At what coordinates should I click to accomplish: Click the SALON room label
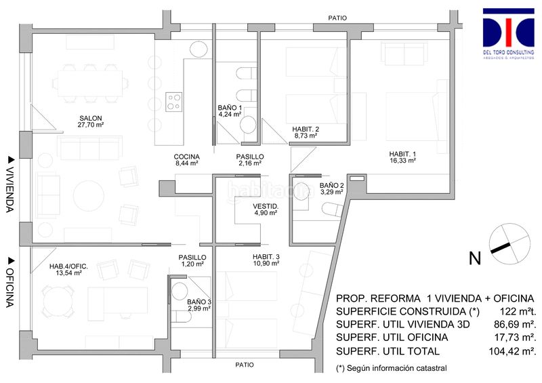[x=91, y=118]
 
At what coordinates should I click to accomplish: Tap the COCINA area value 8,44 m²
[x=187, y=163]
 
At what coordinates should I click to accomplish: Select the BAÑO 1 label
[x=230, y=108]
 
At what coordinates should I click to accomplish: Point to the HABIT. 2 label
[x=306, y=129]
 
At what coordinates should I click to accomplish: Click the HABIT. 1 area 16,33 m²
[x=402, y=161]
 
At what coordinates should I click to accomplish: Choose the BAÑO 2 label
[x=332, y=186]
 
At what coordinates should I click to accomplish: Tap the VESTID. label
[x=266, y=207]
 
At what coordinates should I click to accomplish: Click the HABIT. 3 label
[x=266, y=257]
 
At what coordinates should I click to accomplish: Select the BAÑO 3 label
[x=199, y=302]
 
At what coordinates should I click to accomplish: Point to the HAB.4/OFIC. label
[x=68, y=266]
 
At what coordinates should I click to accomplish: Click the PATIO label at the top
[x=337, y=18]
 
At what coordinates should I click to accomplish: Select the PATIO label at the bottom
[x=245, y=365]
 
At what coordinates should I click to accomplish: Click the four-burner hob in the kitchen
[x=174, y=102]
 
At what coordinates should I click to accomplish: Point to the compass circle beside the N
[x=509, y=244]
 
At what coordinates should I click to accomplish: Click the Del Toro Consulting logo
[x=509, y=33]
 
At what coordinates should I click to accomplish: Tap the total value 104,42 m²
[x=513, y=352]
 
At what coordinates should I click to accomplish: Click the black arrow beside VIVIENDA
[x=12, y=159]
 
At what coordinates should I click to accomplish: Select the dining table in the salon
[x=90, y=83]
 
